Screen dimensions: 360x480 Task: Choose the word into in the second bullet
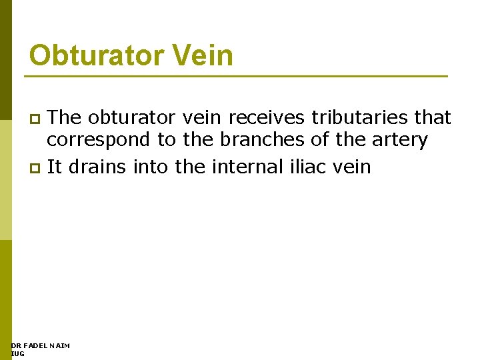151,167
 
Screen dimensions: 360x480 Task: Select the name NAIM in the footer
59,345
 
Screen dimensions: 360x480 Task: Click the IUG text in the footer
18,353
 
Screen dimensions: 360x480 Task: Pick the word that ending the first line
432,118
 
